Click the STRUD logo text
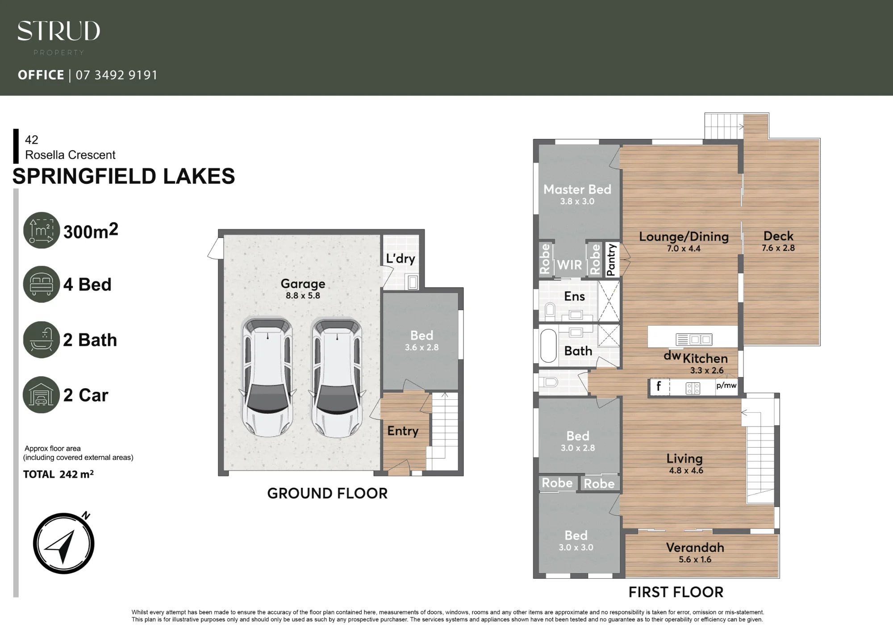coord(58,31)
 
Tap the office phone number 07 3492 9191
coord(117,75)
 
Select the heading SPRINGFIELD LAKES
coord(124,176)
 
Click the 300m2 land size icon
coord(42,230)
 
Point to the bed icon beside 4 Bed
coord(42,284)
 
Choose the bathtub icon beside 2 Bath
coord(42,340)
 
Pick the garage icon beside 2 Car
coord(42,395)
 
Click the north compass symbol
coord(64,543)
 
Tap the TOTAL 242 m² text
coord(58,474)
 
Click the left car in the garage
coord(267,377)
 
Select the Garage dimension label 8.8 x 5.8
coord(303,295)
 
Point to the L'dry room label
coord(401,258)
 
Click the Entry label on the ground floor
coord(403,431)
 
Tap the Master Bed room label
coord(577,189)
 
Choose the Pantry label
coord(611,260)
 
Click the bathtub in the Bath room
coord(549,346)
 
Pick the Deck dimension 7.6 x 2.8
coord(778,248)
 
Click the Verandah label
coord(695,548)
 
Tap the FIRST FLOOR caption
coord(676,592)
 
